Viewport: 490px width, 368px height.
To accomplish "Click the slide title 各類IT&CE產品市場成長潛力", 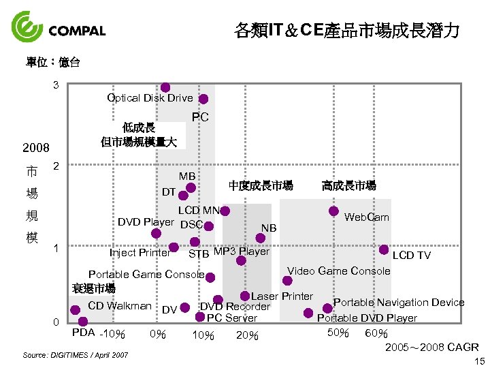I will coord(346,31).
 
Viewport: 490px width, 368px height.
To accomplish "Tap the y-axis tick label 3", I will coord(56,85).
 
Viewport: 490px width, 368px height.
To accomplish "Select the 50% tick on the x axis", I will coord(338,333).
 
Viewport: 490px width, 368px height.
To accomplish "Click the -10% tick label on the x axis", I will coord(112,335).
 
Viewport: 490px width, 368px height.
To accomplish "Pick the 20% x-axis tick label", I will coord(247,335).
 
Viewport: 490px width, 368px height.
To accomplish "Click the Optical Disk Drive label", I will coord(150,97).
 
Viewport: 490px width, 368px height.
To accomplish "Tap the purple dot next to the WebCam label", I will coord(333,211).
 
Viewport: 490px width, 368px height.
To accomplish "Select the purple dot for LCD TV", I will coord(384,250).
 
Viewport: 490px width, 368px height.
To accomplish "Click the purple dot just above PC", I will coord(203,99).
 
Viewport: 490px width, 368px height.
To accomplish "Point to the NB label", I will coord(269,228).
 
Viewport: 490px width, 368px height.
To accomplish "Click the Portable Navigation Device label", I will coord(398,303).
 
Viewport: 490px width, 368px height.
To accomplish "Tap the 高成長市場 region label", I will coord(348,185).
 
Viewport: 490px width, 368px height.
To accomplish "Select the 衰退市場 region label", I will coord(93,288).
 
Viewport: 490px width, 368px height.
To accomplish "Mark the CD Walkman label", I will coord(120,306).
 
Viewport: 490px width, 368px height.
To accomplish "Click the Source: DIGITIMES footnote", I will coord(75,355).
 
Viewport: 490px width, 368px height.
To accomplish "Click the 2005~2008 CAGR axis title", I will coord(431,348).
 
